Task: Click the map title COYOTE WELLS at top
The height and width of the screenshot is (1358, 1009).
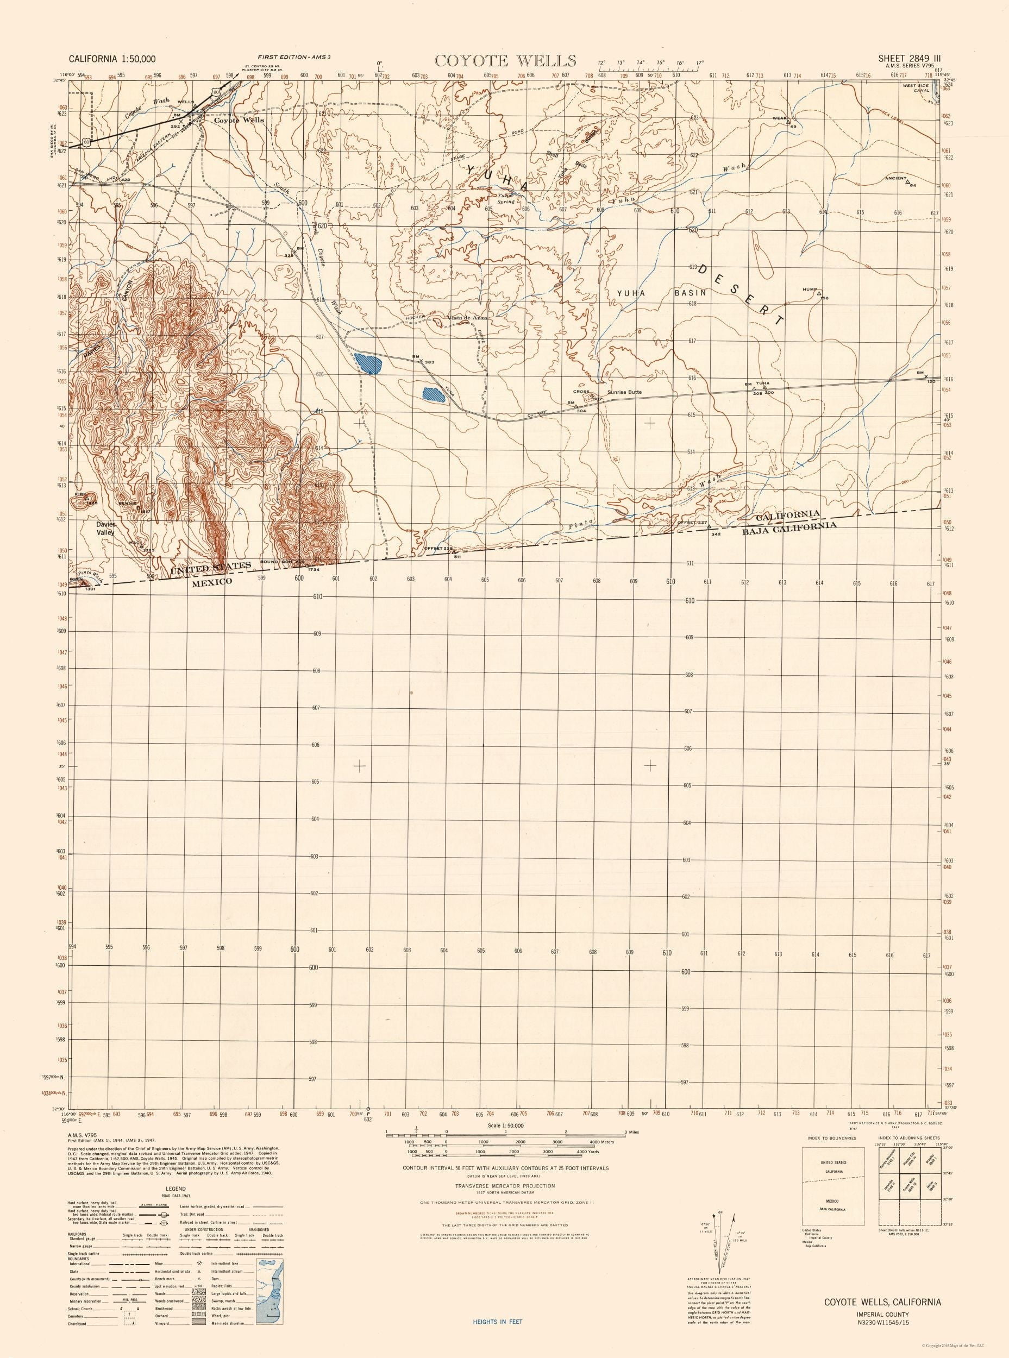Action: [x=504, y=60]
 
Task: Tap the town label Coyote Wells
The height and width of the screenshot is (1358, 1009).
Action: [x=239, y=120]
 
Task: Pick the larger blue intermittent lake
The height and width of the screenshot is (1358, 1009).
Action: [x=368, y=364]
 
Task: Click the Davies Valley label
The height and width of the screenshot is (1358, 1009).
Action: [x=105, y=528]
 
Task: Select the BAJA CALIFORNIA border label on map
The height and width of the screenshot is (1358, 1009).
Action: [x=788, y=529]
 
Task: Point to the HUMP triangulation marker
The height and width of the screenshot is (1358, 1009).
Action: [x=818, y=293]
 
